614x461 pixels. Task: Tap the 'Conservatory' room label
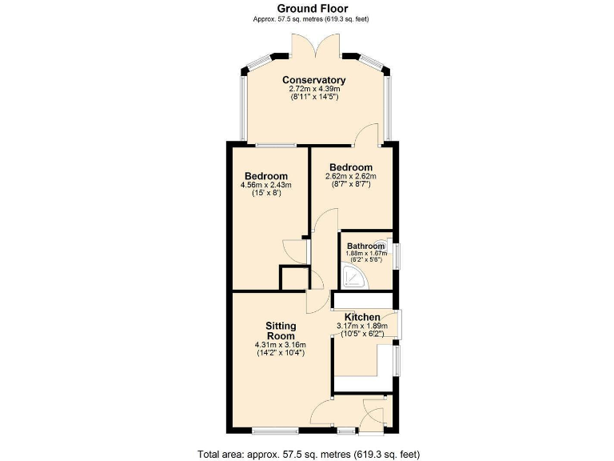coord(313,80)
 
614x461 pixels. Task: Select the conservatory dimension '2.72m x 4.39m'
coord(313,89)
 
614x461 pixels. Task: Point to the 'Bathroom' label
coord(366,246)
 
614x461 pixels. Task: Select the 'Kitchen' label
coord(362,317)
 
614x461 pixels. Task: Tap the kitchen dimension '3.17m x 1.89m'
coord(362,326)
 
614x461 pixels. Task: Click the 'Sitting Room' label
coord(281,331)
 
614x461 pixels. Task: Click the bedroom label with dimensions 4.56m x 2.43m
coord(266,176)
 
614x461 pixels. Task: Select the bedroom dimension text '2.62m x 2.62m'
coord(350,176)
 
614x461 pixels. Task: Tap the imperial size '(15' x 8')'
coord(266,194)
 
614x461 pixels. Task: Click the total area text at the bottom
coord(309,453)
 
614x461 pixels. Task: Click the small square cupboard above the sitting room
coord(293,279)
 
